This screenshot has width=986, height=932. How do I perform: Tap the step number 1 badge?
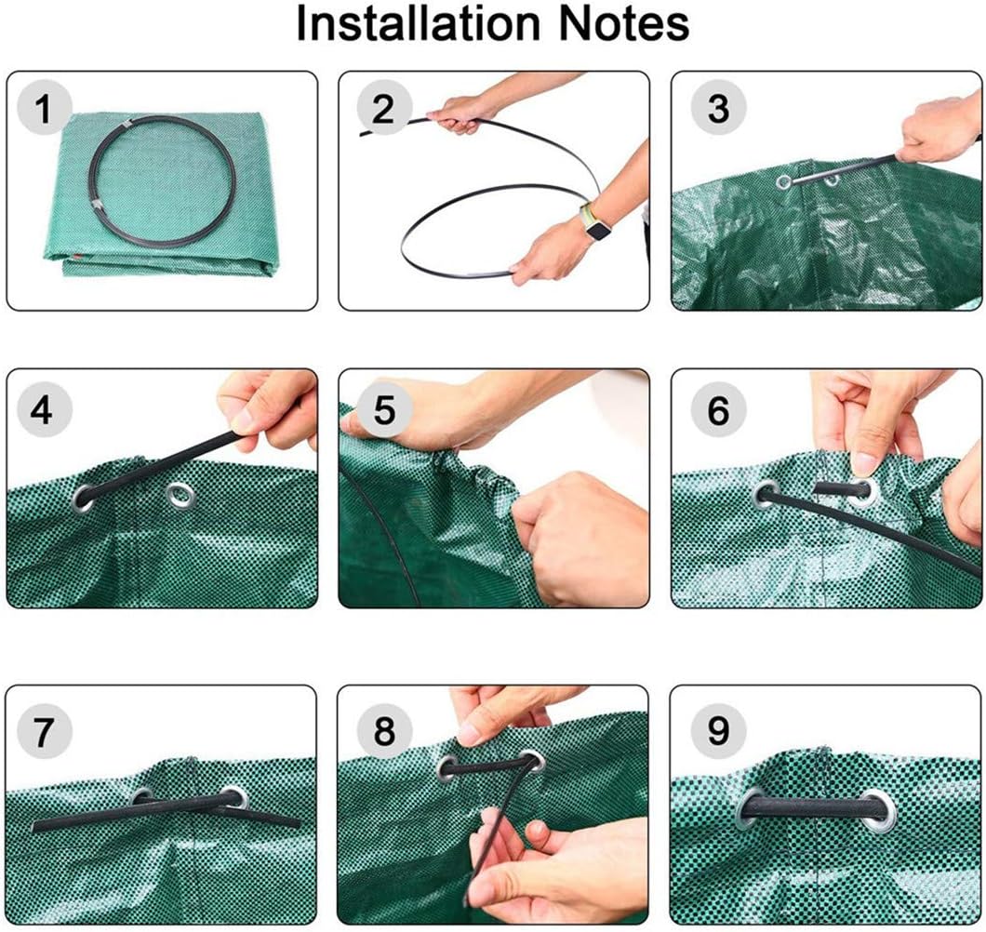pyautogui.click(x=43, y=110)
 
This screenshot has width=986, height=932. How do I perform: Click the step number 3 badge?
pyautogui.click(x=718, y=110)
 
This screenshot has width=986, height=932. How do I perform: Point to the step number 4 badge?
pyautogui.click(x=43, y=410)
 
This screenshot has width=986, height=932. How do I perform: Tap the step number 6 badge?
pyautogui.click(x=718, y=410)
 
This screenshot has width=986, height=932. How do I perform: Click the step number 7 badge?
pyautogui.click(x=43, y=732)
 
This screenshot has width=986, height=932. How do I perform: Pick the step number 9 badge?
pyautogui.click(x=718, y=732)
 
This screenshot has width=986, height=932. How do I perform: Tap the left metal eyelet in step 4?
pyautogui.click(x=84, y=497)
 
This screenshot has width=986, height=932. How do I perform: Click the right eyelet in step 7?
pyautogui.click(x=233, y=796)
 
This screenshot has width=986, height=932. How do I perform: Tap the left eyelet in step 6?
pyautogui.click(x=766, y=493)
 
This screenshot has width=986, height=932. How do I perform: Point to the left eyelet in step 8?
pyautogui.click(x=448, y=768)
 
